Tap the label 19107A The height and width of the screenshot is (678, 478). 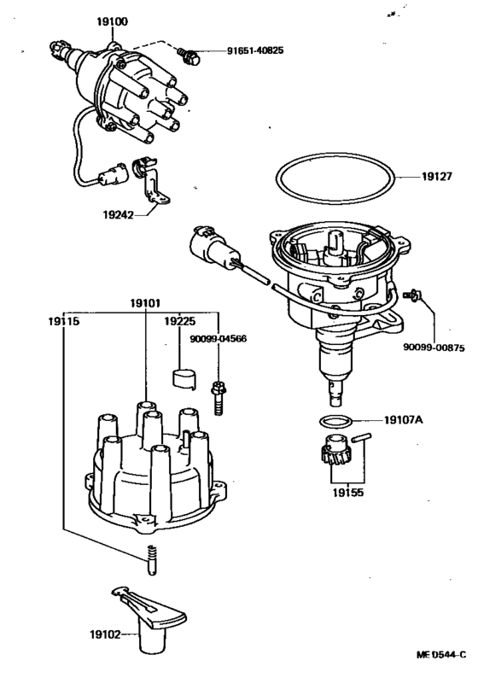[405, 419]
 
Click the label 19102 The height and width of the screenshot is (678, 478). [103, 634]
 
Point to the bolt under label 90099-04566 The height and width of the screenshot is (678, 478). [218, 395]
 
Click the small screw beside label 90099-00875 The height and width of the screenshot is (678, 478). [412, 295]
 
